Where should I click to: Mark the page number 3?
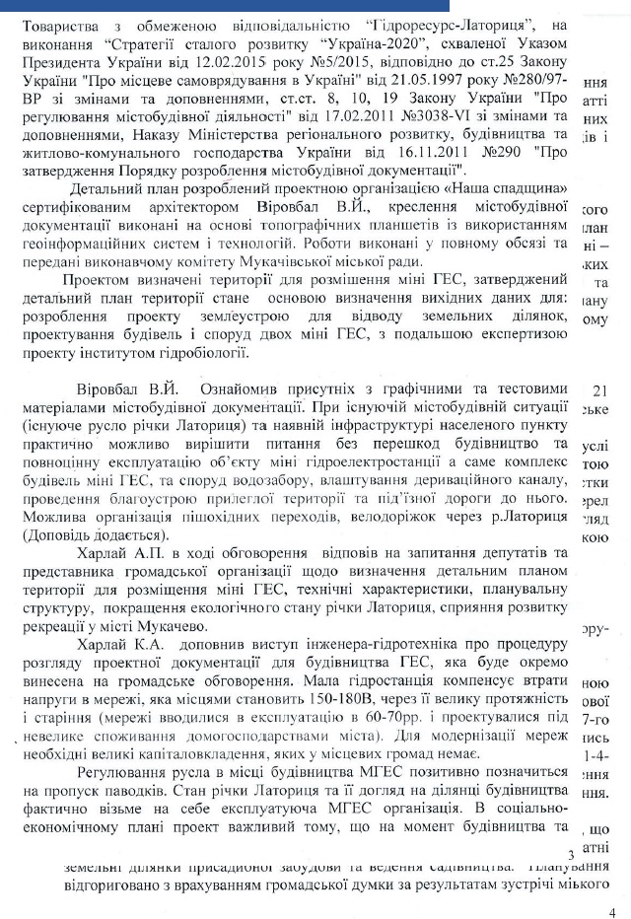[x=570, y=854]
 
